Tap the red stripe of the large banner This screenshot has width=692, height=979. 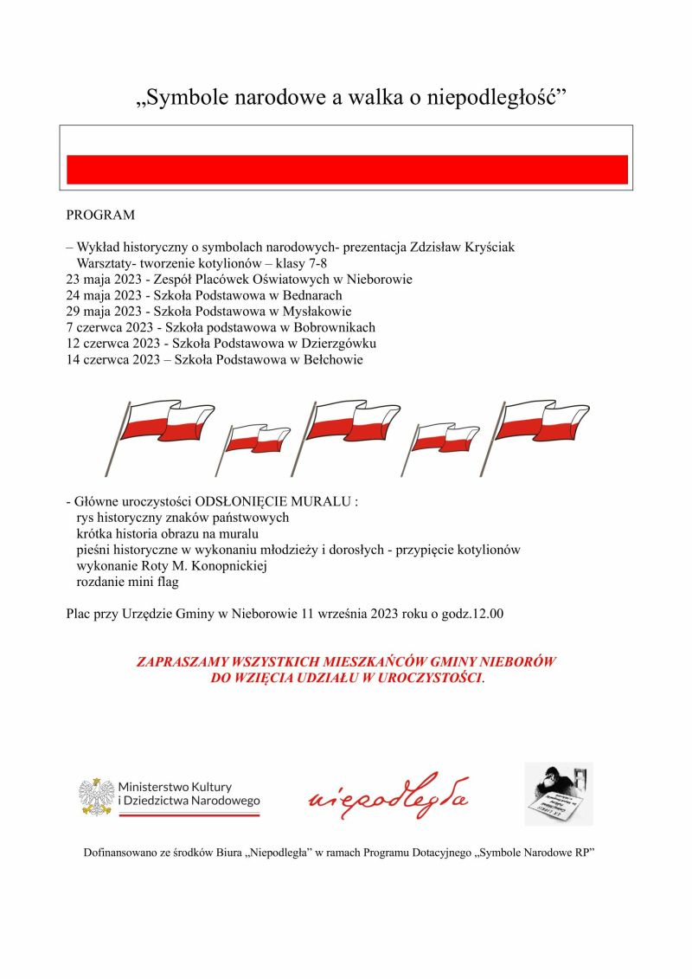point(347,170)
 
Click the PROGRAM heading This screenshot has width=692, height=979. point(100,214)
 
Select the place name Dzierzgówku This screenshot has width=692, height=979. point(339,345)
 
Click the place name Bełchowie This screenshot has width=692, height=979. point(330,361)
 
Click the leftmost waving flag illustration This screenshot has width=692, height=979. point(162,429)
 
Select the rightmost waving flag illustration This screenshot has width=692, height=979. point(540,426)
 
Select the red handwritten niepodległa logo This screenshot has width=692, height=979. point(388,796)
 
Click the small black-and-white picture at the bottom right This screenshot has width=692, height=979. point(558,794)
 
